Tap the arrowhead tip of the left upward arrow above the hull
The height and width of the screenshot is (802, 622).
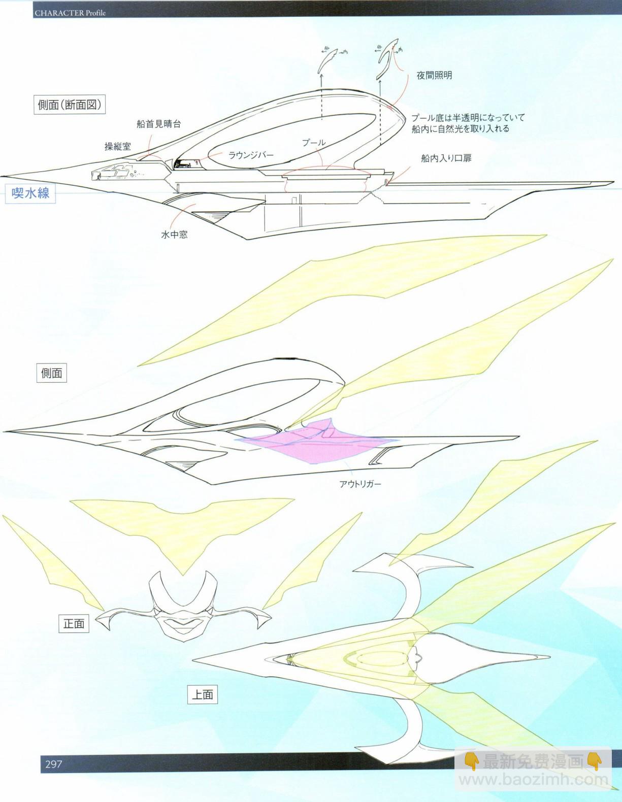pos(321,73)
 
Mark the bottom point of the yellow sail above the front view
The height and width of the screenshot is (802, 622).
pos(182,575)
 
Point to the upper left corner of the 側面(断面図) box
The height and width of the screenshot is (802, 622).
pos(35,96)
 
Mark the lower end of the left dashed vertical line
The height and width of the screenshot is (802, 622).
pos(321,120)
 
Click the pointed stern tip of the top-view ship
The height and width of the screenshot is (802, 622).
pos(550,657)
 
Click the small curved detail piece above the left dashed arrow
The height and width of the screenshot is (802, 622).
pos(328,60)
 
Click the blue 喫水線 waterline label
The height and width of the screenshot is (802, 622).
pos(30,193)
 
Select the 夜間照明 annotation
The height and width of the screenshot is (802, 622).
pos(434,76)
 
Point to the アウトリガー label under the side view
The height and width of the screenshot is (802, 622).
pos(360,484)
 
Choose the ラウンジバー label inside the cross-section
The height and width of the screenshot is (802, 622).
pos(251,155)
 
